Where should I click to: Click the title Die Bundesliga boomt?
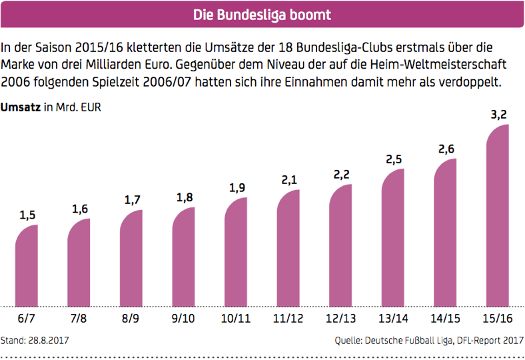[x=262, y=14]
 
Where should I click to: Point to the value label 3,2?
[x=499, y=115]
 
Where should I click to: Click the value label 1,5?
[x=27, y=215]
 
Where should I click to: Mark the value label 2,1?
[x=288, y=180]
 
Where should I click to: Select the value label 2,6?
[x=446, y=149]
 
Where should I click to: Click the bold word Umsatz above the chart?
[x=21, y=107]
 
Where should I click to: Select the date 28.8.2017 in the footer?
[x=49, y=341]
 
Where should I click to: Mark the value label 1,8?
[x=184, y=197]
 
